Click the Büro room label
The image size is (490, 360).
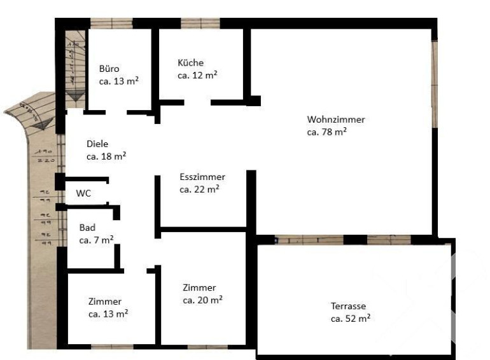(x=109, y=69)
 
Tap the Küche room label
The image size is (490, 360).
(x=191, y=63)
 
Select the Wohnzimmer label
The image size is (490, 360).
(x=336, y=120)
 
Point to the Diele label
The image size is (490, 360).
(x=97, y=144)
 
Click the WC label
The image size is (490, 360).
(x=83, y=193)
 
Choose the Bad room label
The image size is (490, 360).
(x=87, y=228)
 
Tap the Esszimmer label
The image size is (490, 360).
(x=202, y=177)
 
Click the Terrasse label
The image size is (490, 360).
(x=348, y=306)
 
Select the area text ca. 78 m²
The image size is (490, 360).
(x=326, y=132)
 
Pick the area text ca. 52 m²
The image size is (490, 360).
(x=350, y=319)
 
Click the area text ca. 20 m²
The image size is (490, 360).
(x=202, y=300)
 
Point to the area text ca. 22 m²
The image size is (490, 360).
(x=199, y=189)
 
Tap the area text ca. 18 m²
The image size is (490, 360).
(x=106, y=156)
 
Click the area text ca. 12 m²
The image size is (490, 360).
(x=197, y=75)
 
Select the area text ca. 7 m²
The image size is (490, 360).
(x=96, y=240)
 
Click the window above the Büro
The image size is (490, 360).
(x=111, y=23)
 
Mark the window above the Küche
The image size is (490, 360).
(x=200, y=23)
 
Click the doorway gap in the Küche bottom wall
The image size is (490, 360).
(x=197, y=102)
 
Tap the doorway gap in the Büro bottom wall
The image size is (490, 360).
(x=116, y=113)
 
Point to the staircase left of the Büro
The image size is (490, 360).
(x=75, y=66)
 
